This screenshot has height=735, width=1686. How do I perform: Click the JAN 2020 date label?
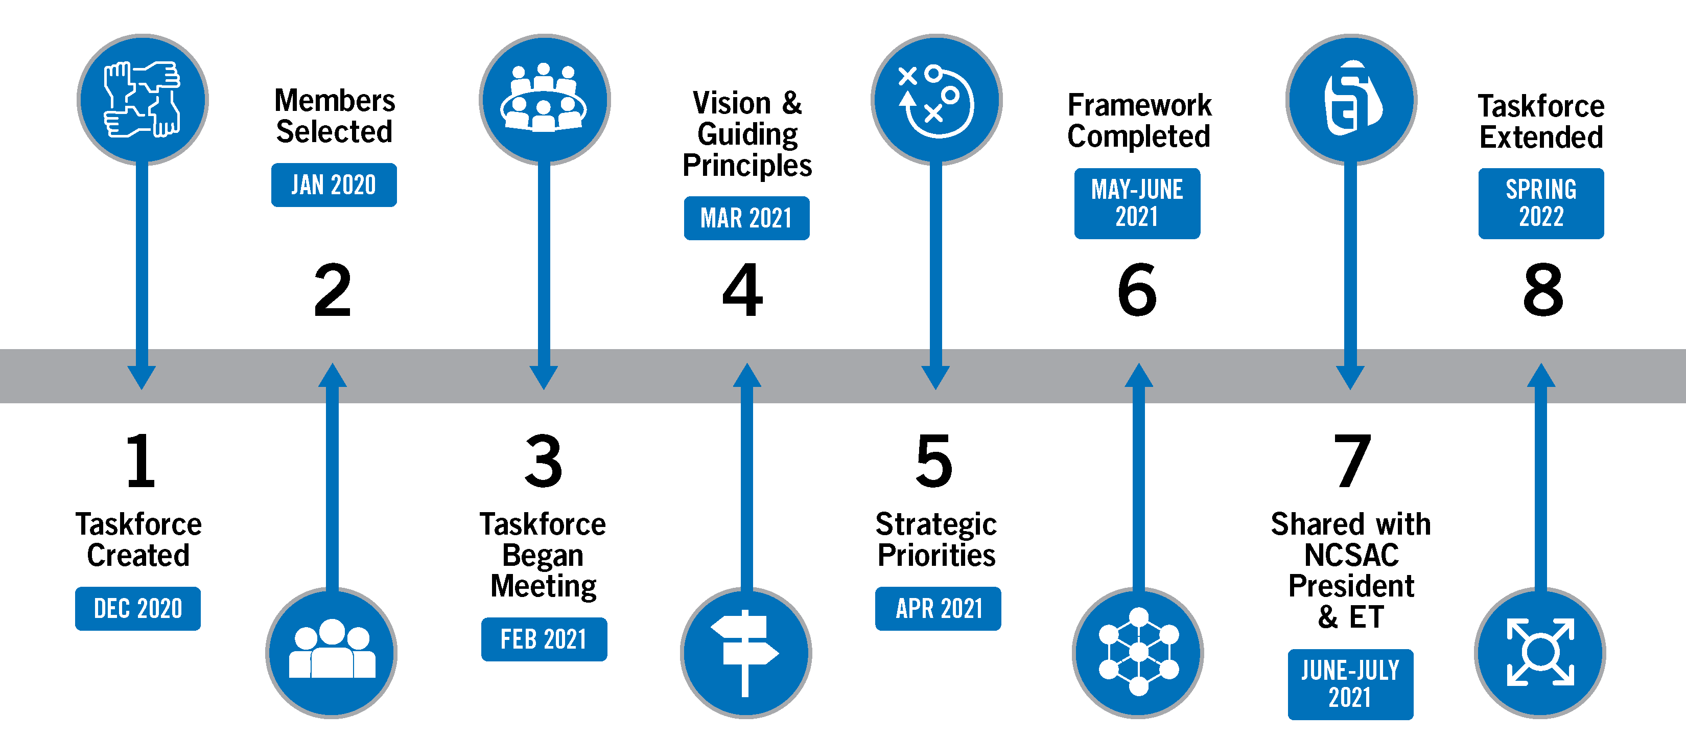click(334, 185)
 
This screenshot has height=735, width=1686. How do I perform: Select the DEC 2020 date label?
click(138, 609)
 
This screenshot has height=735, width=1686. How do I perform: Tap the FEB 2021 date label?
click(544, 639)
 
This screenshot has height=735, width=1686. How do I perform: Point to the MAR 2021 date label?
click(746, 218)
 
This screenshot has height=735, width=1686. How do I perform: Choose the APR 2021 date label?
click(938, 609)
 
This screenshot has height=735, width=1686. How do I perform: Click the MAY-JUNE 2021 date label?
click(1137, 203)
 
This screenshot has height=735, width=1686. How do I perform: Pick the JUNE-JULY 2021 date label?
click(1350, 684)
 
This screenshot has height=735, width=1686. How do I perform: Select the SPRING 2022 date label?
click(1541, 203)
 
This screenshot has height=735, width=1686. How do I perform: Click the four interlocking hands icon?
click(143, 100)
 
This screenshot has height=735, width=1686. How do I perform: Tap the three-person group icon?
click(332, 653)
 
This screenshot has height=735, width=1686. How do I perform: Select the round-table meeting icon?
click(544, 100)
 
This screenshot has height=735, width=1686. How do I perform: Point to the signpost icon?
click(745, 653)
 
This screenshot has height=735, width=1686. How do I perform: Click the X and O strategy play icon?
click(936, 100)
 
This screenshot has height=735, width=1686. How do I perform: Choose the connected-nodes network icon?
click(1138, 653)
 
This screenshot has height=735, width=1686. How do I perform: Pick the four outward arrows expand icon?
click(1540, 653)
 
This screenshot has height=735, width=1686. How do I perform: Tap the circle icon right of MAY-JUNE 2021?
click(1351, 100)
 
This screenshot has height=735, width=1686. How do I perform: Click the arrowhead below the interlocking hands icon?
click(142, 378)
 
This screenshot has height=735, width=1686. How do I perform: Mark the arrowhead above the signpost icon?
click(747, 375)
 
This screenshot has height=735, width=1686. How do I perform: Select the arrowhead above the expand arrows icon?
click(1541, 375)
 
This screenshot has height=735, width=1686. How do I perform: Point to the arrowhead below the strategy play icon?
click(935, 378)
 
